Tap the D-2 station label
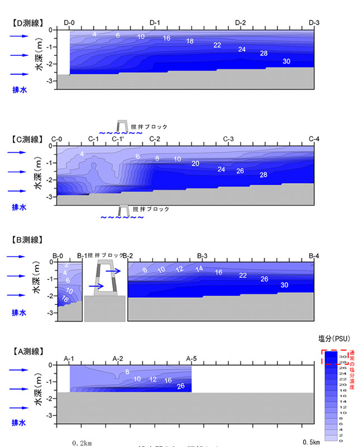tap(241, 22)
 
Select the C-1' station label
tap(119, 139)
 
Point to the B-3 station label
tap(203, 255)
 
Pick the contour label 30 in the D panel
tap(286, 61)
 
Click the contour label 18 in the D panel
tap(190, 41)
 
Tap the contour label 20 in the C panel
tap(195, 164)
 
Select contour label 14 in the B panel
tap(199, 269)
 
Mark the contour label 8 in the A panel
tap(127, 372)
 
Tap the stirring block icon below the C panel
tap(122, 210)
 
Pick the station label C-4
tap(314, 139)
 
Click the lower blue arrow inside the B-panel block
tap(96, 286)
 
